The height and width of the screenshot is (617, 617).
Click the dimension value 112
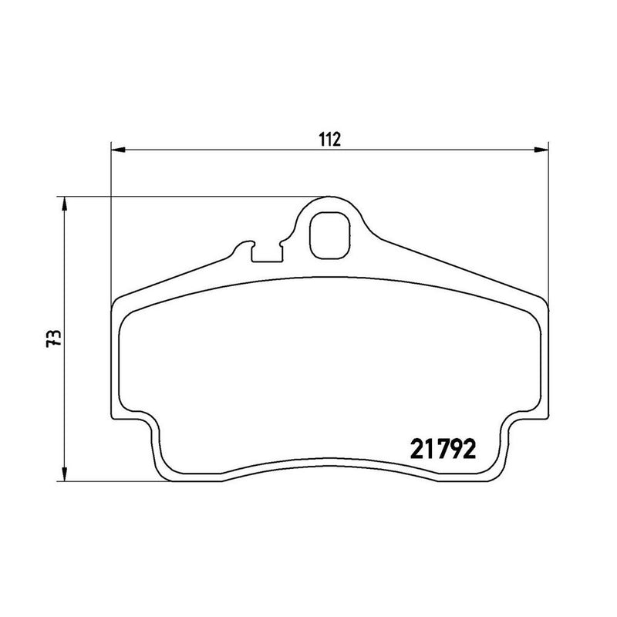330,140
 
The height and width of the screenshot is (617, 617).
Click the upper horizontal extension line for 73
193,196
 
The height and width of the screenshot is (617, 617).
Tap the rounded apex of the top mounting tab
330,197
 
